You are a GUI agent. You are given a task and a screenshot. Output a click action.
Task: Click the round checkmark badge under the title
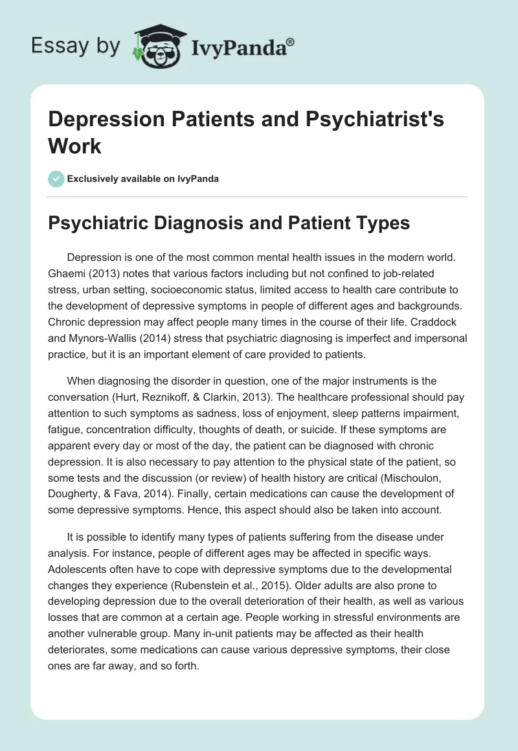click(x=57, y=179)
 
